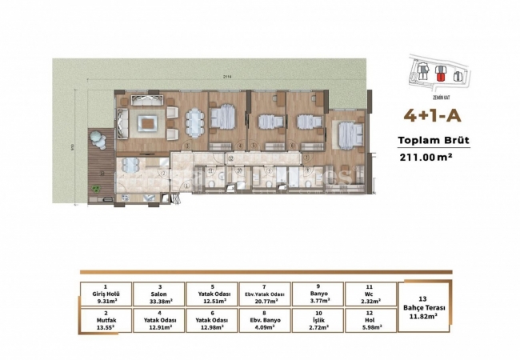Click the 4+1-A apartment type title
coord(434,115)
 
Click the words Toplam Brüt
coord(433,141)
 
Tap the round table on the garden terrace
coord(98,138)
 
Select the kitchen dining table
coord(130,169)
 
